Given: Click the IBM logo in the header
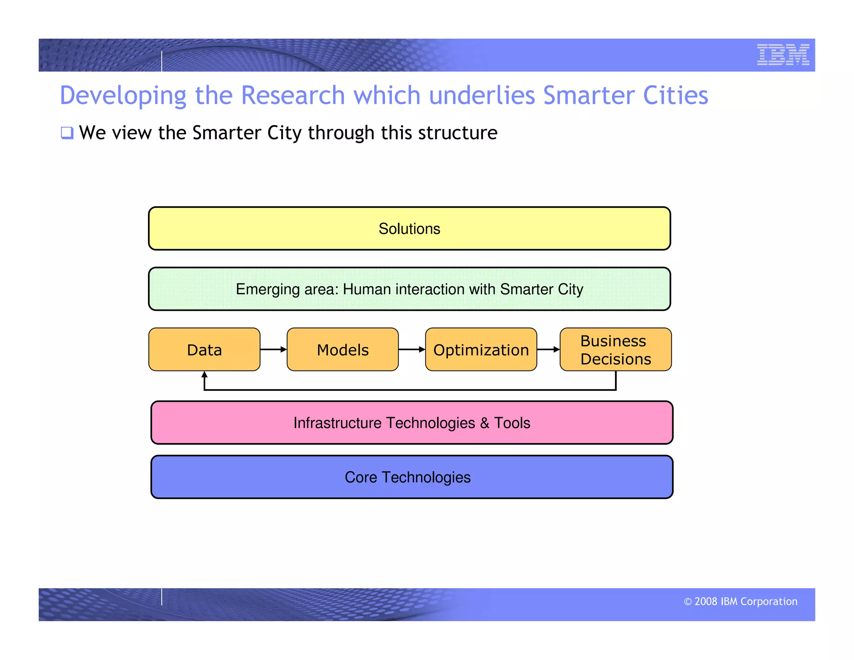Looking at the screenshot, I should click(783, 55).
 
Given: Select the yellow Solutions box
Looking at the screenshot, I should click(409, 229).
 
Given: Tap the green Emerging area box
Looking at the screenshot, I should click(409, 289).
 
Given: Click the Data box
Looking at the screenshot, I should click(204, 350).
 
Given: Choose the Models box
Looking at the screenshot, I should click(342, 350).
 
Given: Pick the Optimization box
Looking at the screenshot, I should click(481, 350).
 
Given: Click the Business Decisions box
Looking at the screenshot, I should click(615, 350).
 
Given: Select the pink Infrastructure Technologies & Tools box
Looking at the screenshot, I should click(412, 423).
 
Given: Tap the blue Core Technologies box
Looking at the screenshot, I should click(412, 477).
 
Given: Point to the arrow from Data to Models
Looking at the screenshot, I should click(274, 349).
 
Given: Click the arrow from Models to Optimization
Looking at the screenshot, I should click(412, 349).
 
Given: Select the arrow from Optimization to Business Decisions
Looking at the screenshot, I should click(548, 349).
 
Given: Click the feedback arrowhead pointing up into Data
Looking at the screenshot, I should click(204, 375).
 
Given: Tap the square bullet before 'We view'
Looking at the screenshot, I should click(67, 133).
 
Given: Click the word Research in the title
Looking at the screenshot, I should click(293, 95).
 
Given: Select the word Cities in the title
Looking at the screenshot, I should click(676, 95).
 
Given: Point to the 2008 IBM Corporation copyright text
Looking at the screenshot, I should click(741, 601).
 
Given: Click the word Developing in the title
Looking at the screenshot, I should click(123, 95).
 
